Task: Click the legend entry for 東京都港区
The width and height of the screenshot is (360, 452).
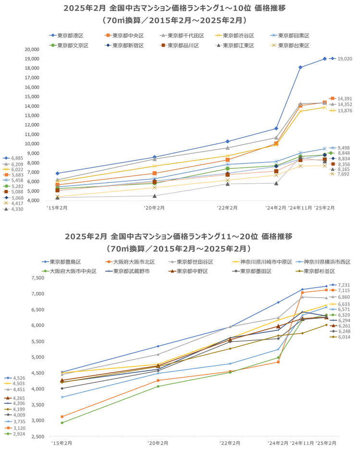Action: [x=70, y=36]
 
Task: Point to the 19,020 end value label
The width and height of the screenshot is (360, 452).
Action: [x=345, y=59]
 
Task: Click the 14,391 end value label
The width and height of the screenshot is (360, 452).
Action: [x=345, y=99]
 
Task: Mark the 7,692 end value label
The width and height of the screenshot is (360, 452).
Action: [x=343, y=174]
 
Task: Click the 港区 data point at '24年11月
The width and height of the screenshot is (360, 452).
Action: [x=300, y=67]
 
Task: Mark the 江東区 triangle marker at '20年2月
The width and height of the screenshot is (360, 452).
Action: [x=154, y=195]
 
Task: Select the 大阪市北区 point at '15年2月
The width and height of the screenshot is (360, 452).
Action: [x=62, y=416]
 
